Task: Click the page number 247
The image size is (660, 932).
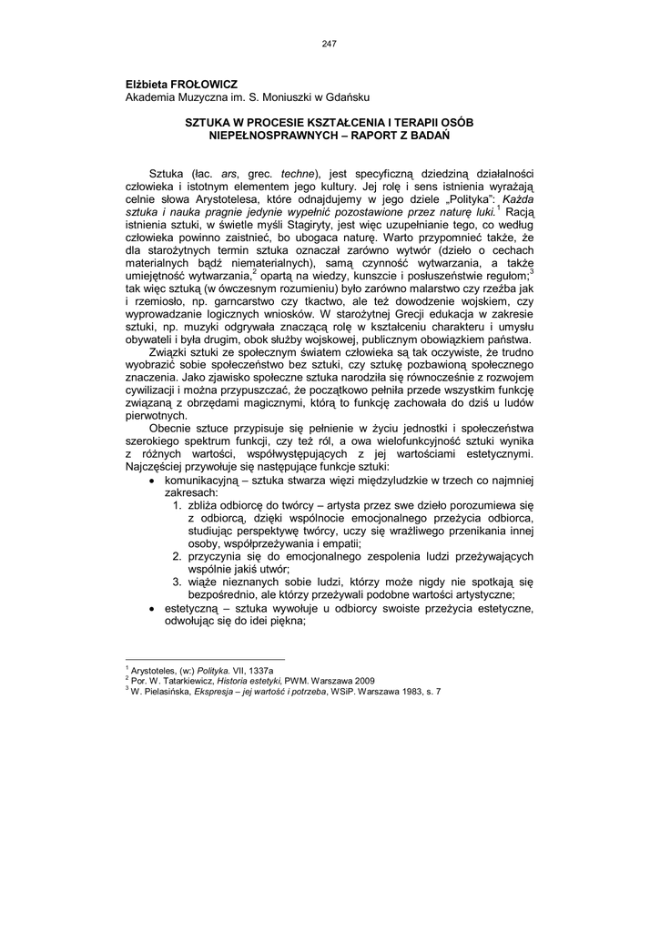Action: pyautogui.click(x=330, y=43)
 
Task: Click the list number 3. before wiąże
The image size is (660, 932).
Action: pyautogui.click(x=178, y=581)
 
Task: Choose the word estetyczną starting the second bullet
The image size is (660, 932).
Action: pyautogui.click(x=193, y=606)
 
